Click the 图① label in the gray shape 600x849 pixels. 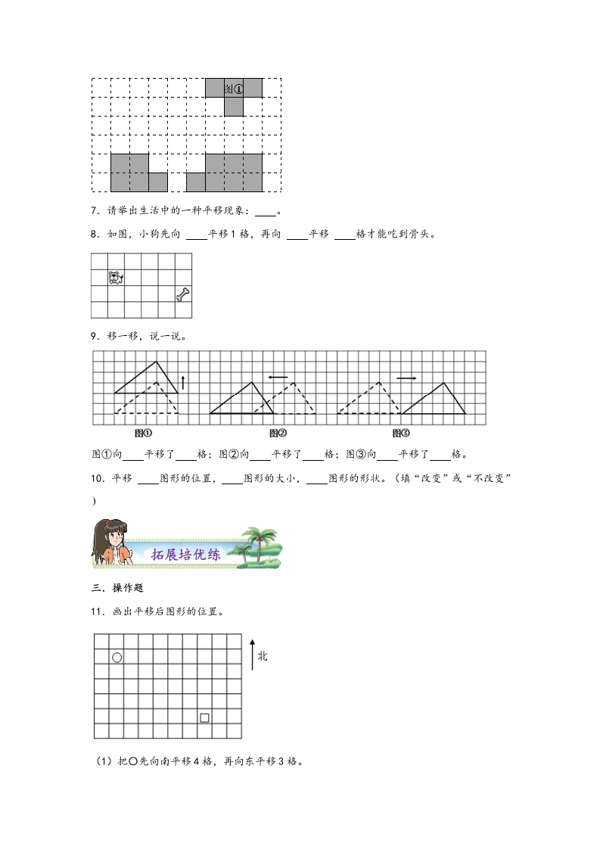[234, 89]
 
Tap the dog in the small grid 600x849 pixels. [116, 278]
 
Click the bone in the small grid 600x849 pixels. [183, 294]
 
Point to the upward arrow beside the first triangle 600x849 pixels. [182, 382]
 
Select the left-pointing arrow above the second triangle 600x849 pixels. [277, 377]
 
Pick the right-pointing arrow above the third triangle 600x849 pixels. [406, 377]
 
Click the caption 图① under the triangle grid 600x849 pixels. [143, 434]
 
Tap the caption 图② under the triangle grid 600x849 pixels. [278, 434]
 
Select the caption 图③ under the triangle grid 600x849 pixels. [401, 434]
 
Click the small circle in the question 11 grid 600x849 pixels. [117, 658]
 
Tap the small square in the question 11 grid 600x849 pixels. [204, 717]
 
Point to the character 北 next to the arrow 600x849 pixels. [263, 656]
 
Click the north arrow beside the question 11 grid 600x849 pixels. [251, 653]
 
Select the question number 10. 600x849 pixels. [97, 478]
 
